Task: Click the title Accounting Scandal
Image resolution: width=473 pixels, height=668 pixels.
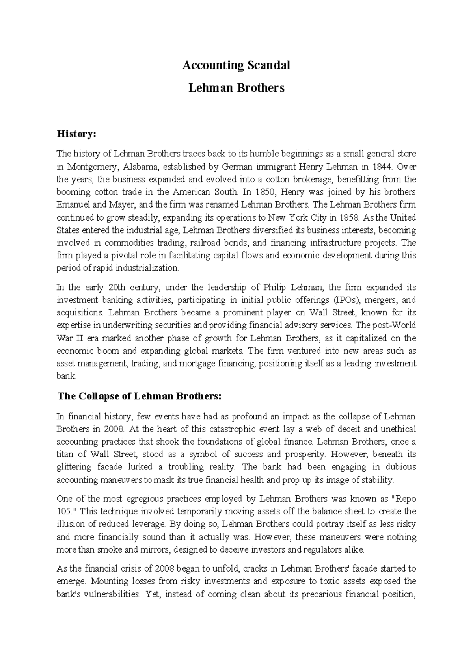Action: [236, 65]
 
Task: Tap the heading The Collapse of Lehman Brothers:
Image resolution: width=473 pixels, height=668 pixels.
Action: [140, 396]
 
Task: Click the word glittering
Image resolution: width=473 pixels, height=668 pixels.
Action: [71, 467]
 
